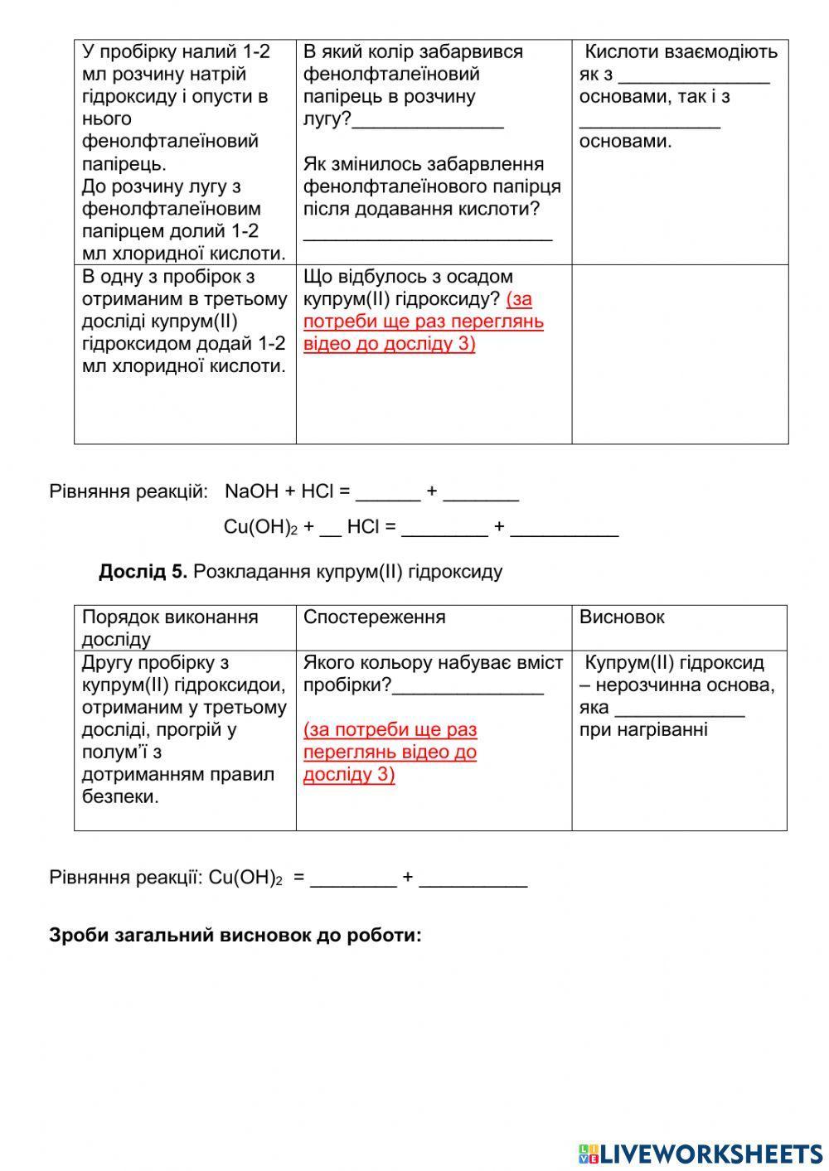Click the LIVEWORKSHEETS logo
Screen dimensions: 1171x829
(x=701, y=1153)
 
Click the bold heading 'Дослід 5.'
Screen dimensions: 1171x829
(x=143, y=572)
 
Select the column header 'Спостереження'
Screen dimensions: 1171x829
(x=374, y=617)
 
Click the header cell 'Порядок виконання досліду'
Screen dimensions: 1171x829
(x=170, y=627)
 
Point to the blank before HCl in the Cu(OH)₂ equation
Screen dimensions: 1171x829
(x=330, y=528)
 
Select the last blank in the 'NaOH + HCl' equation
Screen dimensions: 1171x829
(x=481, y=494)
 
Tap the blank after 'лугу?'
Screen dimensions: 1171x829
(x=428, y=121)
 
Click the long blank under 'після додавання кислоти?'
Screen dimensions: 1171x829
(x=428, y=234)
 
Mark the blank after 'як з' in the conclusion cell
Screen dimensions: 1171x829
(x=695, y=76)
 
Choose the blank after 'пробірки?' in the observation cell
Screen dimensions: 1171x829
(x=468, y=688)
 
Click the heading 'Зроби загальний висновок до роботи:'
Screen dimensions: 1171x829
(x=235, y=935)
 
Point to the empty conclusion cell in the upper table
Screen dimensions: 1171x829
(x=680, y=354)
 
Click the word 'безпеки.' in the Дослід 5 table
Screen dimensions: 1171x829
(x=121, y=796)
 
